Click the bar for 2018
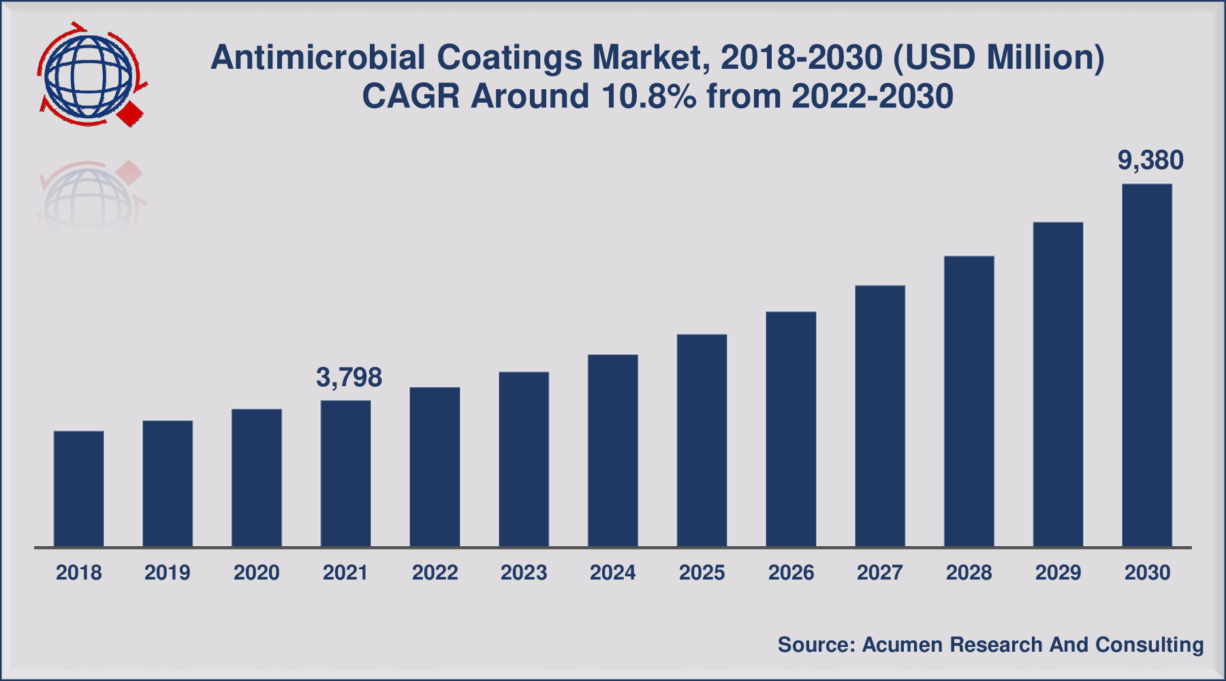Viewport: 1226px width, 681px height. click(x=79, y=488)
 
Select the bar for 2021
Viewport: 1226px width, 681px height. click(x=346, y=473)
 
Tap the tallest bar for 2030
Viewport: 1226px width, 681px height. click(x=1147, y=365)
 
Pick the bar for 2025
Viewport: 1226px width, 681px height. click(x=702, y=440)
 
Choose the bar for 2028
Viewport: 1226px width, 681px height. click(x=969, y=401)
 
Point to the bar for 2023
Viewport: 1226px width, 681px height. click(x=524, y=459)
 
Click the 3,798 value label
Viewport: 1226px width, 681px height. click(x=349, y=377)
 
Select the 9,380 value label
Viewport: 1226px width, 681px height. click(x=1150, y=161)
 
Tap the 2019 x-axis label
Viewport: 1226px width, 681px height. click(x=168, y=573)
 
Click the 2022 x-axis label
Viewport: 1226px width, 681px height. click(x=435, y=573)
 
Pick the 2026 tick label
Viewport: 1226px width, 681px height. click(x=791, y=573)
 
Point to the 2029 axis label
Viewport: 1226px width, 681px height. click(x=1058, y=573)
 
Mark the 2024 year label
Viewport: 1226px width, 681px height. click(x=612, y=573)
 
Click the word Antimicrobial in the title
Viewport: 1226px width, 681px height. click(x=318, y=57)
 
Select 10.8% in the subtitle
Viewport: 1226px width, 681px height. click(x=649, y=96)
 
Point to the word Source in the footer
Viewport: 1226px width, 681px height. click(x=813, y=645)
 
